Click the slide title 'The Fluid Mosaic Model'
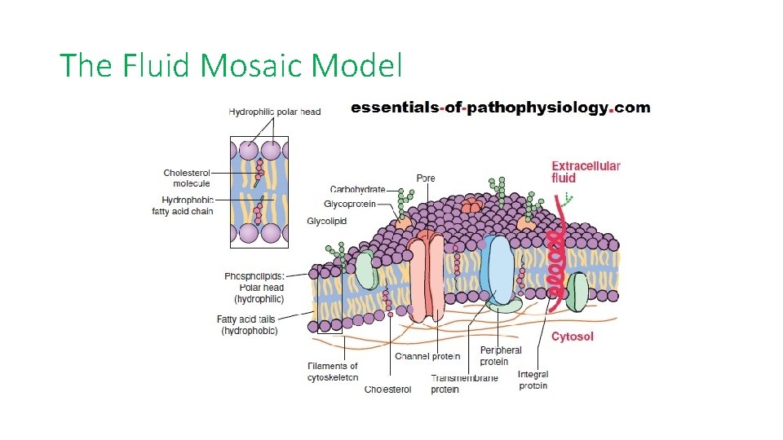click(x=231, y=65)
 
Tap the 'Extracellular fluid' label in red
click(x=586, y=172)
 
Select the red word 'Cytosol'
click(x=573, y=337)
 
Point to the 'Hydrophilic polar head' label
click(x=275, y=112)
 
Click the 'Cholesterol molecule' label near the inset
click(x=186, y=178)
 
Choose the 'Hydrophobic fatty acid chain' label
click(x=183, y=205)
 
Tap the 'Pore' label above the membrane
click(x=426, y=178)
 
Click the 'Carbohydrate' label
click(x=357, y=190)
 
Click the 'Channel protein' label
click(x=427, y=356)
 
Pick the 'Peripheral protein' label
click(x=501, y=356)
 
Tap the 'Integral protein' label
click(x=533, y=380)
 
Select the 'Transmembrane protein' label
click(x=464, y=384)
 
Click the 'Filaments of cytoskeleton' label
click(x=333, y=372)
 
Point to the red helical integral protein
click(x=556, y=261)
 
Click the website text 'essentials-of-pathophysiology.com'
click(x=500, y=108)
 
